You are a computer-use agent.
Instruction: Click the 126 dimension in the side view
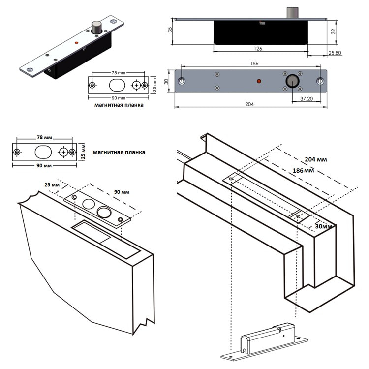coord(258,49)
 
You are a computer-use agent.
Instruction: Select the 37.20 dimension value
coord(307,98)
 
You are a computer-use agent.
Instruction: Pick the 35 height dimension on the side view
coord(170,30)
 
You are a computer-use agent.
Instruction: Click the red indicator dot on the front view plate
coord(259,80)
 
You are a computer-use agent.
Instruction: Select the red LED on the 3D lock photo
coord(76,44)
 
